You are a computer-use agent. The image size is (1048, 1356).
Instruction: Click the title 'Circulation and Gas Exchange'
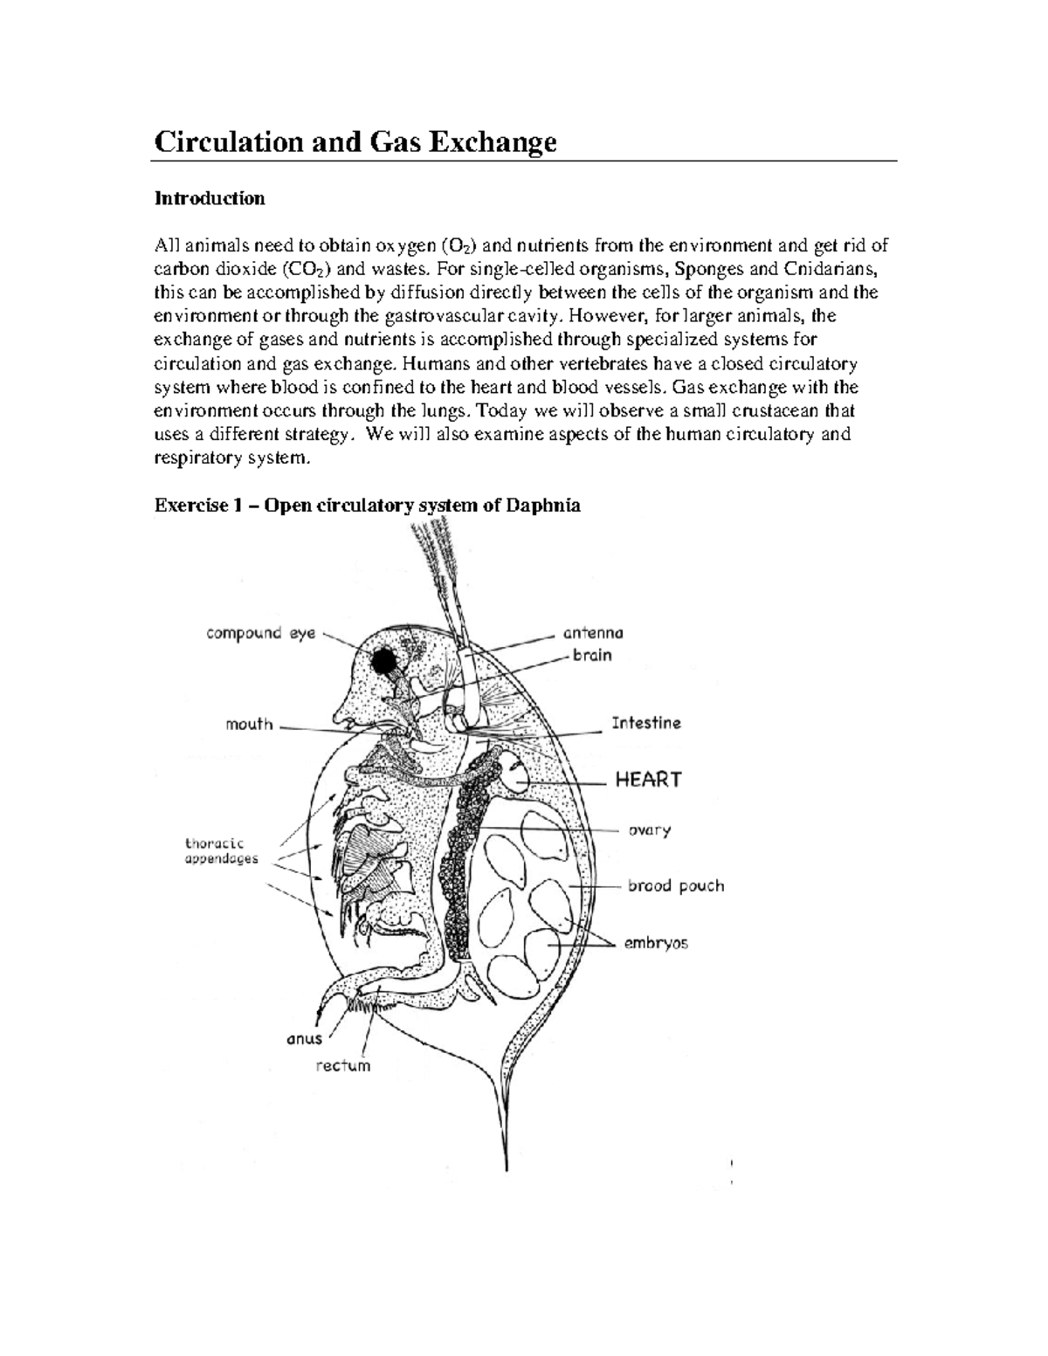pos(355,141)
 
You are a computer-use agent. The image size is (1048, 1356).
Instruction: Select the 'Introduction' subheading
pos(210,198)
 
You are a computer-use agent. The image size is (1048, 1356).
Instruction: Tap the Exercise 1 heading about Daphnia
pos(367,505)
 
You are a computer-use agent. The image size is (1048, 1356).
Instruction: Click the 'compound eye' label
pos(260,634)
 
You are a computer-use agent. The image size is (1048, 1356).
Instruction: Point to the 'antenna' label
pos(593,633)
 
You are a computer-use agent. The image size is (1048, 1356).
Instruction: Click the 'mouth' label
pos(249,724)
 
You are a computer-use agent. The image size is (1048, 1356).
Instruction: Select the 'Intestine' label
pos(645,723)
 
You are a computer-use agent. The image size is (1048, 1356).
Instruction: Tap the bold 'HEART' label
pos(648,780)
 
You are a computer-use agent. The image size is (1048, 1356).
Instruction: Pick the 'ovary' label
pos(650,830)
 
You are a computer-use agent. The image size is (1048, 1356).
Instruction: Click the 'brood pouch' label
pos(675,885)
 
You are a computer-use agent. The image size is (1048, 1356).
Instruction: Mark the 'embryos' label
pos(655,943)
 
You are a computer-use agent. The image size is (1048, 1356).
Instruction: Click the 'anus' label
pos(305,1038)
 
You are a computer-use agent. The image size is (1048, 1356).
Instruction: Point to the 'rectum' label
pos(343,1065)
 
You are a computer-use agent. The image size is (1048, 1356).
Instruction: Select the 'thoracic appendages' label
pos(222,850)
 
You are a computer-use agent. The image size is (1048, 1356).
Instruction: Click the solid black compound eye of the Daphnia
pos(383,663)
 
